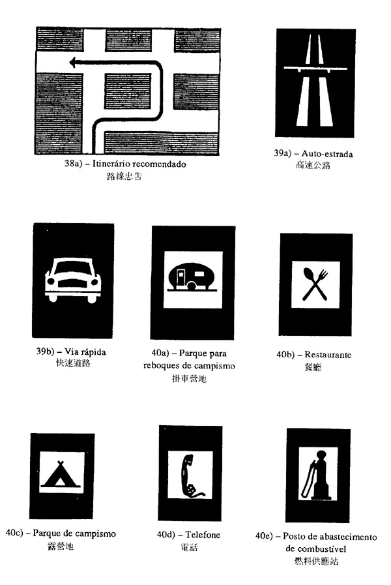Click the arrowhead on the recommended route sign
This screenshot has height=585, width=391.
(x=73, y=63)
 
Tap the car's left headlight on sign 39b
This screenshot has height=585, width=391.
(x=50, y=281)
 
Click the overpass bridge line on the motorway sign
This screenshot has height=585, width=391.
(x=315, y=68)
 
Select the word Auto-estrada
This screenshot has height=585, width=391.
(x=327, y=154)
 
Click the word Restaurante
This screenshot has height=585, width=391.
(x=328, y=354)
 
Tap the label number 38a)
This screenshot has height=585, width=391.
(x=73, y=164)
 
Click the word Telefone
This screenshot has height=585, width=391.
(x=203, y=535)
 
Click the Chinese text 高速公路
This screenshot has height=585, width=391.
(x=313, y=165)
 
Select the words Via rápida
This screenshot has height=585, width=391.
(x=85, y=352)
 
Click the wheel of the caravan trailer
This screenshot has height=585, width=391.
(x=192, y=287)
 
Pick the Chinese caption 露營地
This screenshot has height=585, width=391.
(x=61, y=547)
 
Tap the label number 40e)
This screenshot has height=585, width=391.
(x=264, y=536)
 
